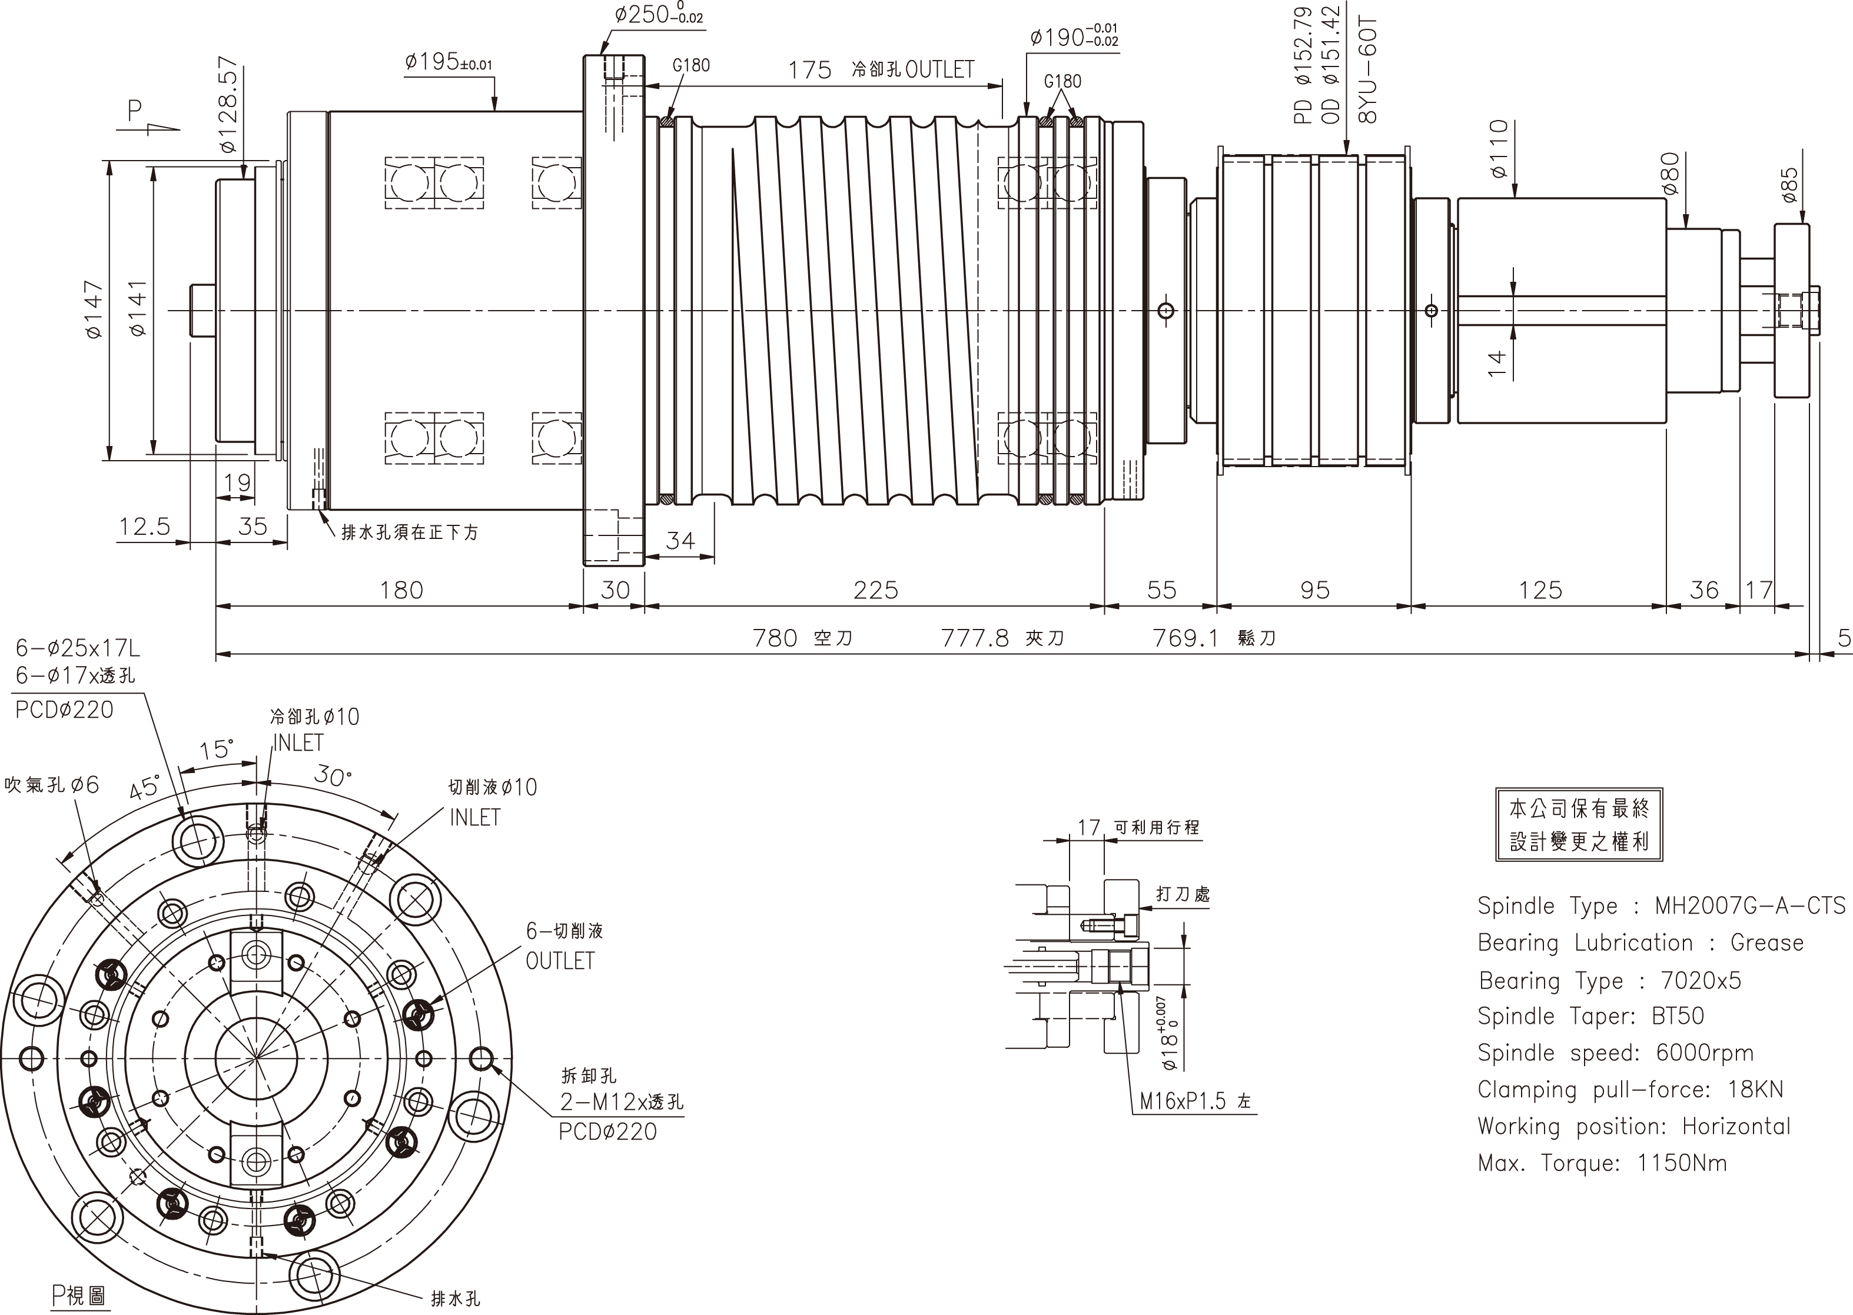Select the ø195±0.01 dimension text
tap(448, 62)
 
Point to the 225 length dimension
tap(875, 590)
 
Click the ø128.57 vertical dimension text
tap(228, 105)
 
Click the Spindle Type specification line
tap(1661, 905)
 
